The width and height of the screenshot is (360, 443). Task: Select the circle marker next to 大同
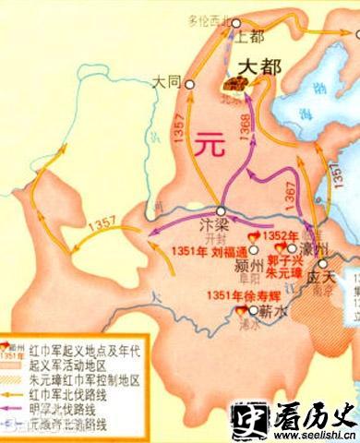(189, 82)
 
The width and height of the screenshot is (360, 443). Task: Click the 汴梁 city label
(212, 224)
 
